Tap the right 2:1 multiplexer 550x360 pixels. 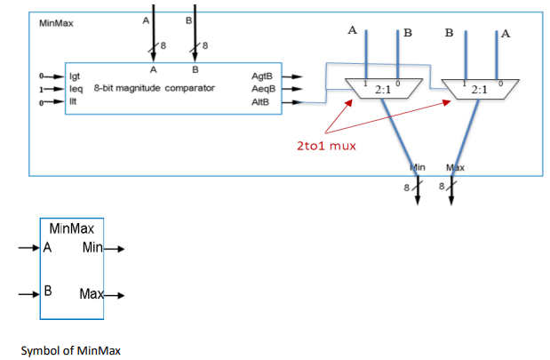[x=480, y=89]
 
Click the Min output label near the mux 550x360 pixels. [x=418, y=167]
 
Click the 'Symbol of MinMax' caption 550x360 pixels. [x=69, y=349]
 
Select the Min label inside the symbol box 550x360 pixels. [x=93, y=247]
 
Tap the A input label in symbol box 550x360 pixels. [x=47, y=248]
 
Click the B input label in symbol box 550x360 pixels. [x=47, y=290]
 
